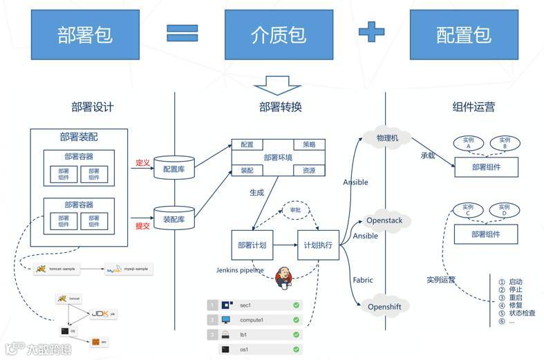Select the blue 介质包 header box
[x=279, y=35]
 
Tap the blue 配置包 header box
[x=464, y=35]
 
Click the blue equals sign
[x=182, y=33]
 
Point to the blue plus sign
[x=371, y=32]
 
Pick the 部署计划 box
[x=252, y=245]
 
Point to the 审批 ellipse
[x=294, y=210]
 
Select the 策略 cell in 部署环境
[x=309, y=144]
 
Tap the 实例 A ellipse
[x=469, y=143]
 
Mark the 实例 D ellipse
[x=504, y=209]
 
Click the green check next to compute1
[x=296, y=320]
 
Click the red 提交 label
[x=142, y=225]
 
